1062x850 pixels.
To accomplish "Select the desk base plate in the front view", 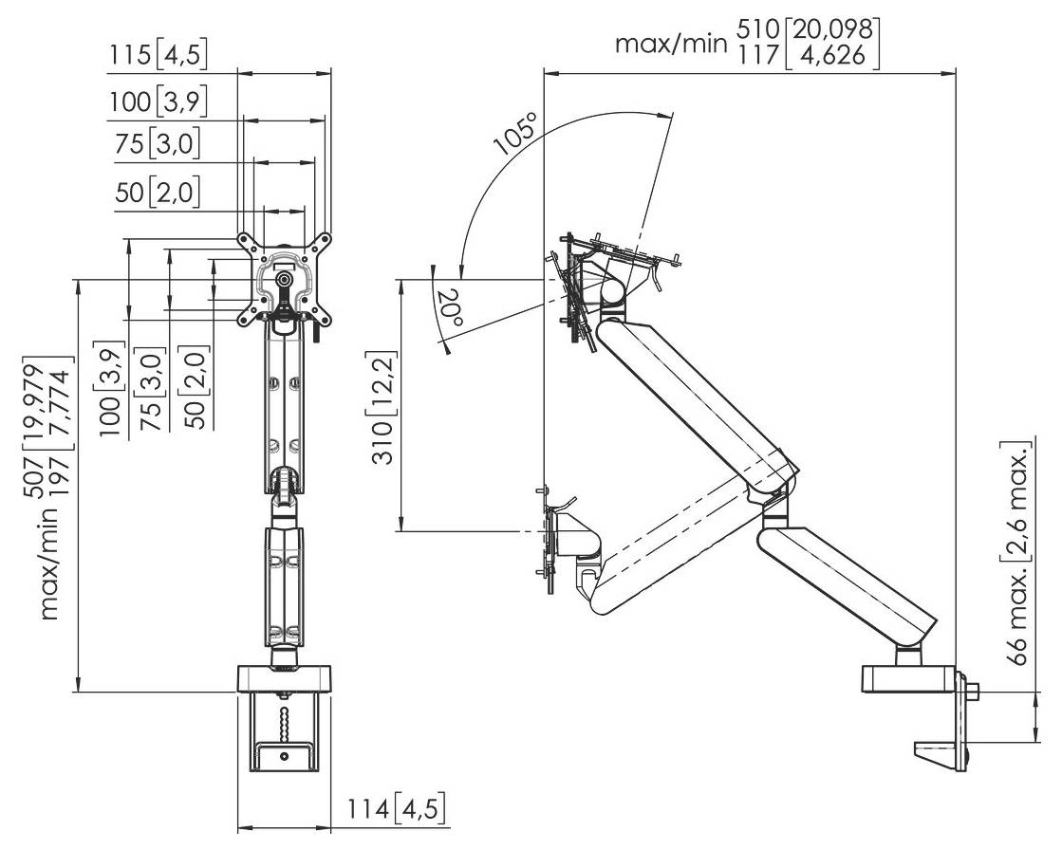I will tap(285, 678).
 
